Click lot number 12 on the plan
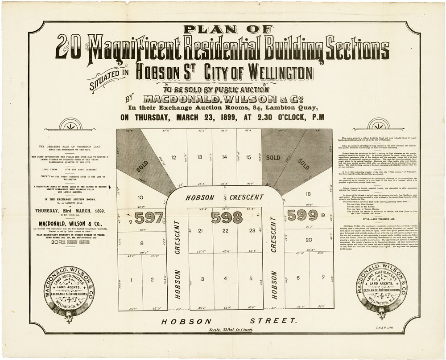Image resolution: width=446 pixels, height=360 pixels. (x=174, y=157)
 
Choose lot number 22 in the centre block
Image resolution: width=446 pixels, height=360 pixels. (x=226, y=230)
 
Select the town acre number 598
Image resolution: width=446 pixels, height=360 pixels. (x=227, y=217)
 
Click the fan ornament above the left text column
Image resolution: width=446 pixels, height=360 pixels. (x=71, y=125)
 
